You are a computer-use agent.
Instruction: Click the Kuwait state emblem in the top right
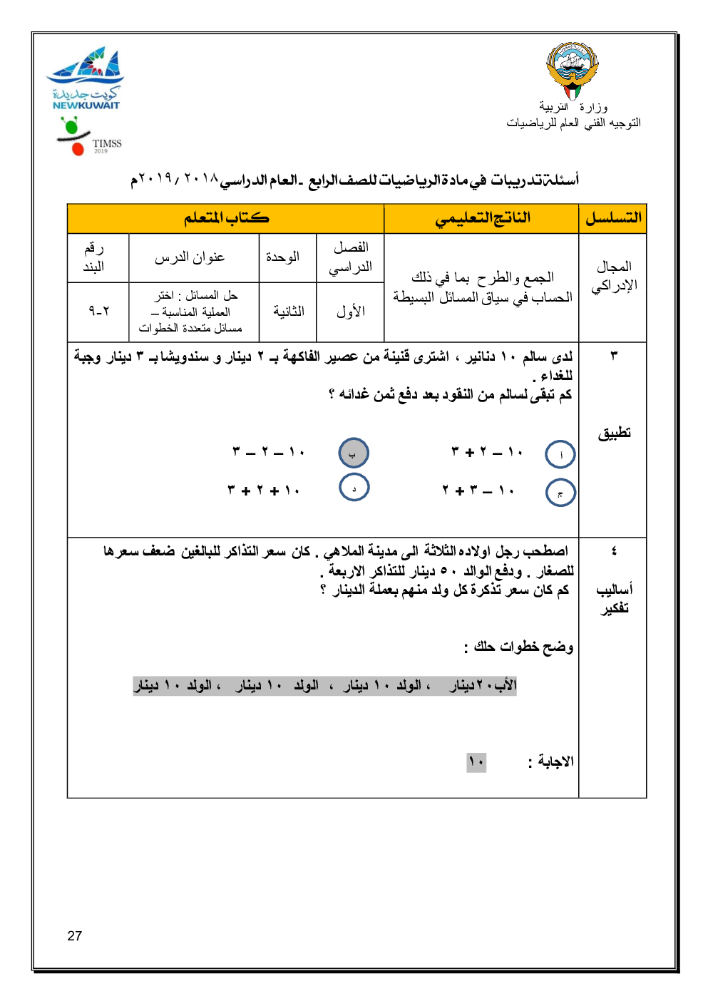pos(572,70)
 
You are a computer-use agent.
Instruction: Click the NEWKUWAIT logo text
pos(86,106)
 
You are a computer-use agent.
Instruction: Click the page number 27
pos(75,936)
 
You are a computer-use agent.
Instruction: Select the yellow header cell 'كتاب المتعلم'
pos(226,218)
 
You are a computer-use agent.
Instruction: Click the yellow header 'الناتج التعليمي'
pos(482,218)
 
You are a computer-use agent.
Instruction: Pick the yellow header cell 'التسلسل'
pos(613,218)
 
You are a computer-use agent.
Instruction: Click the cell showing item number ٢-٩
pos(99,311)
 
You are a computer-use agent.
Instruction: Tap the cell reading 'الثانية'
pos(288,311)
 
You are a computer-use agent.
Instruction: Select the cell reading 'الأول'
pos(350,311)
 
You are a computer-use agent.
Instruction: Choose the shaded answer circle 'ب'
pos(354,453)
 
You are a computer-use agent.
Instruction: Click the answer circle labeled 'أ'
pos(560,454)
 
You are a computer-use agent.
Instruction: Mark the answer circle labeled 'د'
pos(354,488)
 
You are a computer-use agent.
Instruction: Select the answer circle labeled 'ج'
pos(560,493)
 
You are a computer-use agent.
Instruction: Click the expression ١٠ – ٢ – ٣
pos(269,451)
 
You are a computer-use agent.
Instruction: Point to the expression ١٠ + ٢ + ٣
pos(264,491)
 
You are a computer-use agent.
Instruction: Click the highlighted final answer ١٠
pos(476,762)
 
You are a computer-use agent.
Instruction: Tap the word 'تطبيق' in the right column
pos(614,433)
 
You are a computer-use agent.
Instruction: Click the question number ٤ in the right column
pos(614,550)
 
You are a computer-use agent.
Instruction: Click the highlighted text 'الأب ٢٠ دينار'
pos(483,685)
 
